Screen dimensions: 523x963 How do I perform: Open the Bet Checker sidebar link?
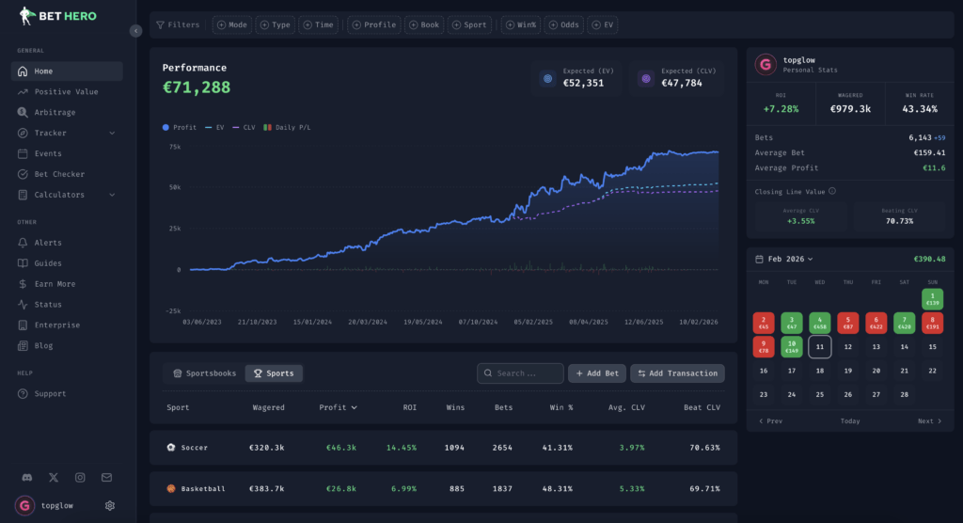[x=59, y=174]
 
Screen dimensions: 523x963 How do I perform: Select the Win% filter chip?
[x=520, y=24]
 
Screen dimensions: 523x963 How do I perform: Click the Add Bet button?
[x=596, y=373]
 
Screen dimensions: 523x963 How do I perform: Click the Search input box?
[x=520, y=373]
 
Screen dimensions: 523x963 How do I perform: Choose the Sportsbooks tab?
[x=205, y=373]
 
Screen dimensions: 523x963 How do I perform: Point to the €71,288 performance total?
[x=196, y=87]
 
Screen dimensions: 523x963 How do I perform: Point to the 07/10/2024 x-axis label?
[x=480, y=322]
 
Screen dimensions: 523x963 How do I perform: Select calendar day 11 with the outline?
[x=819, y=347]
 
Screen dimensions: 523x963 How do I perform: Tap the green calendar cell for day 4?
[x=819, y=324]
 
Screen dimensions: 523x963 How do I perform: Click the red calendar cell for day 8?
[x=932, y=324]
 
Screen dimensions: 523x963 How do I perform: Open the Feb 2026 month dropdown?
[x=790, y=259]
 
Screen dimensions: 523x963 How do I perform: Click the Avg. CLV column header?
[x=626, y=408]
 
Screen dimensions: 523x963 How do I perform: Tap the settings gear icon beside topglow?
[x=110, y=505]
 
